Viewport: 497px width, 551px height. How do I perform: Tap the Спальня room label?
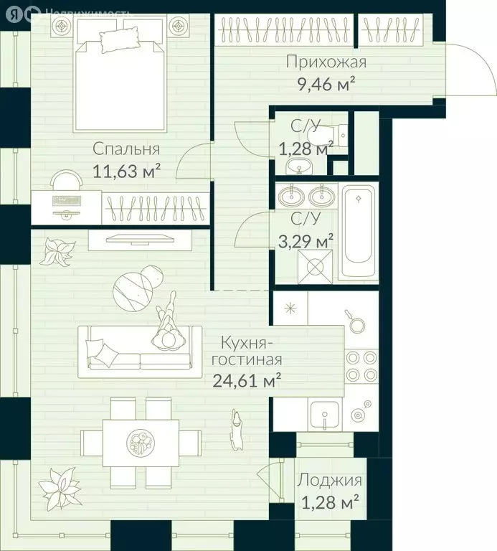click(126, 150)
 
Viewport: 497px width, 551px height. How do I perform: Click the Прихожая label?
click(326, 62)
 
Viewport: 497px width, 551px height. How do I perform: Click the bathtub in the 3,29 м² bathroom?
click(358, 231)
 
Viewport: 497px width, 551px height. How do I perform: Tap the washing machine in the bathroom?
click(315, 266)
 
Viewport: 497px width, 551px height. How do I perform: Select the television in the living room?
click(140, 239)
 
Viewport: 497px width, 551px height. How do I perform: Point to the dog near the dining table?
click(237, 429)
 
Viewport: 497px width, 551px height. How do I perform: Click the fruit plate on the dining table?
click(141, 442)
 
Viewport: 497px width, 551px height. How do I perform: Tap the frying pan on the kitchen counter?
click(356, 321)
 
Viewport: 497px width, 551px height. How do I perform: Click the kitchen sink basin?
click(325, 414)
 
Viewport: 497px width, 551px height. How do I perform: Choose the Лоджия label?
click(329, 481)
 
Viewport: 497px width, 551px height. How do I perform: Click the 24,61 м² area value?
click(247, 380)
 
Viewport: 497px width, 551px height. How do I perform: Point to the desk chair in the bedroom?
click(67, 180)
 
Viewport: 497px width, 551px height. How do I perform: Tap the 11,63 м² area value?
click(126, 171)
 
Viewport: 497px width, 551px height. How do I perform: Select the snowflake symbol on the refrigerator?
click(290, 309)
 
